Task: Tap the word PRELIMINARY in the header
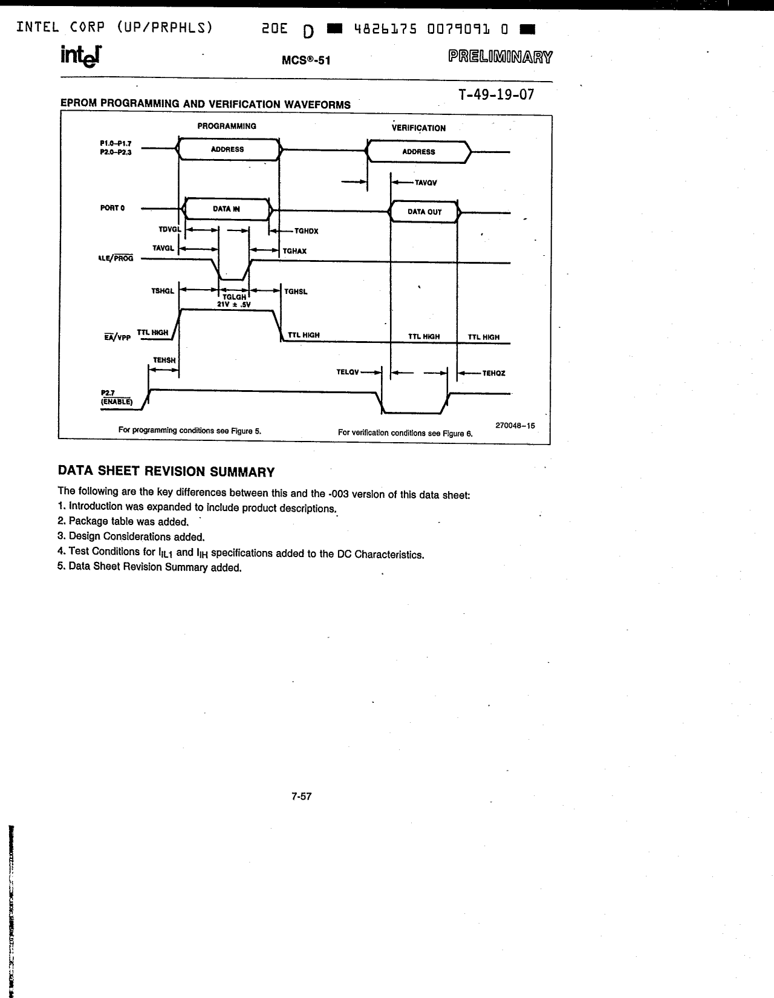(x=500, y=57)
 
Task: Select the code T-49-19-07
(x=496, y=94)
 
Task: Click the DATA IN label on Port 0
(x=226, y=209)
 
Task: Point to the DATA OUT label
(x=424, y=212)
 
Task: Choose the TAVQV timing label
(x=426, y=182)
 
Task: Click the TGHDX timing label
(x=306, y=231)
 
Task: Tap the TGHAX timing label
(x=294, y=250)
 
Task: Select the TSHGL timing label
(x=163, y=291)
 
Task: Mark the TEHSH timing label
(x=164, y=360)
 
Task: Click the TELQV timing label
(x=348, y=372)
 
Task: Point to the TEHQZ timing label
(x=493, y=373)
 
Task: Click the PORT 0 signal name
(x=112, y=208)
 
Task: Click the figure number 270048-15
(x=515, y=425)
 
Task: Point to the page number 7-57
(x=301, y=797)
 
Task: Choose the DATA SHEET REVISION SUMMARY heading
(x=166, y=472)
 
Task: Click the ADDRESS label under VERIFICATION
(x=418, y=152)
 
